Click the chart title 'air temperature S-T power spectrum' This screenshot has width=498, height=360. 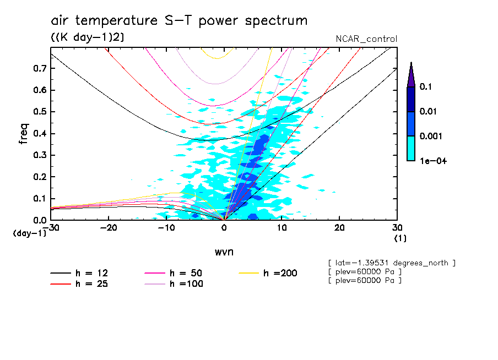pos(179,21)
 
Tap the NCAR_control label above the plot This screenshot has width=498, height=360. pos(366,39)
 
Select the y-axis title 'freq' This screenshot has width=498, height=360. pos(23,134)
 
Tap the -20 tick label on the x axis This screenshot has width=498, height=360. pos(109,228)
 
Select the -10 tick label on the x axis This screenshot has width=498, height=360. pos(166,228)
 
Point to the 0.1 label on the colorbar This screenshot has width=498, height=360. pos(425,87)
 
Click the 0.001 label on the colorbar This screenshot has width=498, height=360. pos(429,136)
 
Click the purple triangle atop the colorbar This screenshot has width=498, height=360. pos(411,75)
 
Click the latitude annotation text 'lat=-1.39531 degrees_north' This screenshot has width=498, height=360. pos(391,263)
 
